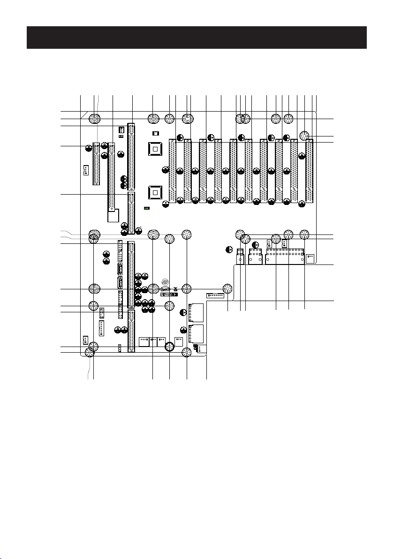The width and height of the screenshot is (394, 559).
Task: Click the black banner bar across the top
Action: pos(197,38)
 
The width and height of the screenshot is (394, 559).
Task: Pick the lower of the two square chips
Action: pos(155,192)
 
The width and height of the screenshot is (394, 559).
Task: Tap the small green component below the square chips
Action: pos(147,208)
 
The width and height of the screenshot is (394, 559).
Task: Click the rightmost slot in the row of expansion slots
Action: pos(309,171)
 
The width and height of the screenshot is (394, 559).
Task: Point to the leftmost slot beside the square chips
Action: pos(172,171)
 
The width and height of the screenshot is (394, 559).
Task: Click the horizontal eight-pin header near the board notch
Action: pos(216,295)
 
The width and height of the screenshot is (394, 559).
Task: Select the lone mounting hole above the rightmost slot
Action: pos(305,135)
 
